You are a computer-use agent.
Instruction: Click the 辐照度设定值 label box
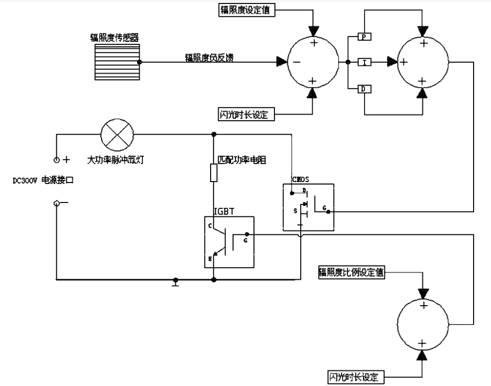(x=244, y=10)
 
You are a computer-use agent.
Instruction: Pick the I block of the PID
(x=365, y=62)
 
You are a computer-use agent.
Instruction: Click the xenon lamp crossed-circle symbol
(x=118, y=134)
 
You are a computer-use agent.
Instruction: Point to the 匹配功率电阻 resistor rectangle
(x=214, y=174)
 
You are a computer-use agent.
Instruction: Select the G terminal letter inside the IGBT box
(x=245, y=240)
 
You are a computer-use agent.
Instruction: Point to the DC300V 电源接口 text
(x=43, y=181)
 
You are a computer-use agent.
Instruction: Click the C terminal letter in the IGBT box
(x=211, y=226)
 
